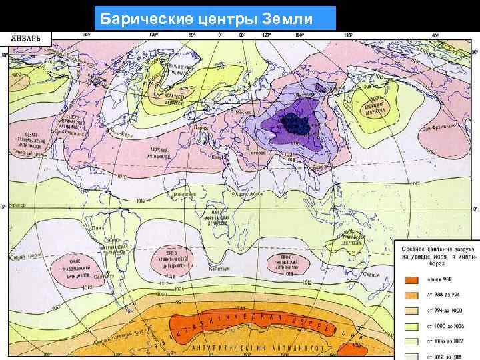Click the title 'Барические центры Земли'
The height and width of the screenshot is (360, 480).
[215, 18]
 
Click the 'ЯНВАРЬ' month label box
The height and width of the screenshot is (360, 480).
[29, 39]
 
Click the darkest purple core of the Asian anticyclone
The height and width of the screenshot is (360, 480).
[291, 123]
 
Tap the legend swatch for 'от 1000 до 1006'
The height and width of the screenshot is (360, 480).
[411, 324]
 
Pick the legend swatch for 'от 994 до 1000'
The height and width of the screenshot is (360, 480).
[411, 309]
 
